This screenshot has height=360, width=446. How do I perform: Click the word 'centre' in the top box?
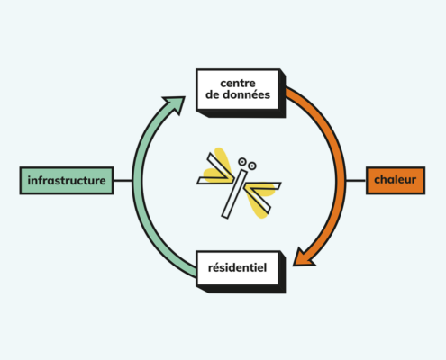(238, 83)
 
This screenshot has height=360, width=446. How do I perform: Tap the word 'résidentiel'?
(237, 267)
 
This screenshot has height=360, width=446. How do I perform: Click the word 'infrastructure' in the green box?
(67, 181)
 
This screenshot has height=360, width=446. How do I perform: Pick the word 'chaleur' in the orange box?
(396, 180)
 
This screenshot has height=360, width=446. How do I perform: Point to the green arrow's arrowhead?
(176, 104)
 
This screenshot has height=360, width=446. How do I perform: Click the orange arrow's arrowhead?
(303, 257)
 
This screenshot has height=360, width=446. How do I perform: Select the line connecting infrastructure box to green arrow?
(123, 181)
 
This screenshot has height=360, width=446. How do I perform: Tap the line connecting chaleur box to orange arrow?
(356, 181)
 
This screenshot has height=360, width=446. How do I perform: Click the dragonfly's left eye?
(242, 162)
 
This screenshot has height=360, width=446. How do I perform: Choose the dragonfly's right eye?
(252, 166)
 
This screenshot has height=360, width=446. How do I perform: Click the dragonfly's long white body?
(234, 194)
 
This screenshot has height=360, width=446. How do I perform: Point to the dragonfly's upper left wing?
(221, 166)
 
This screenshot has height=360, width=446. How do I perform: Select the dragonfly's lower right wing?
(258, 199)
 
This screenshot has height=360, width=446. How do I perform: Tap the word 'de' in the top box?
(213, 94)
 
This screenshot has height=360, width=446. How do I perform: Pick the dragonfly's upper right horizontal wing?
(263, 186)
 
